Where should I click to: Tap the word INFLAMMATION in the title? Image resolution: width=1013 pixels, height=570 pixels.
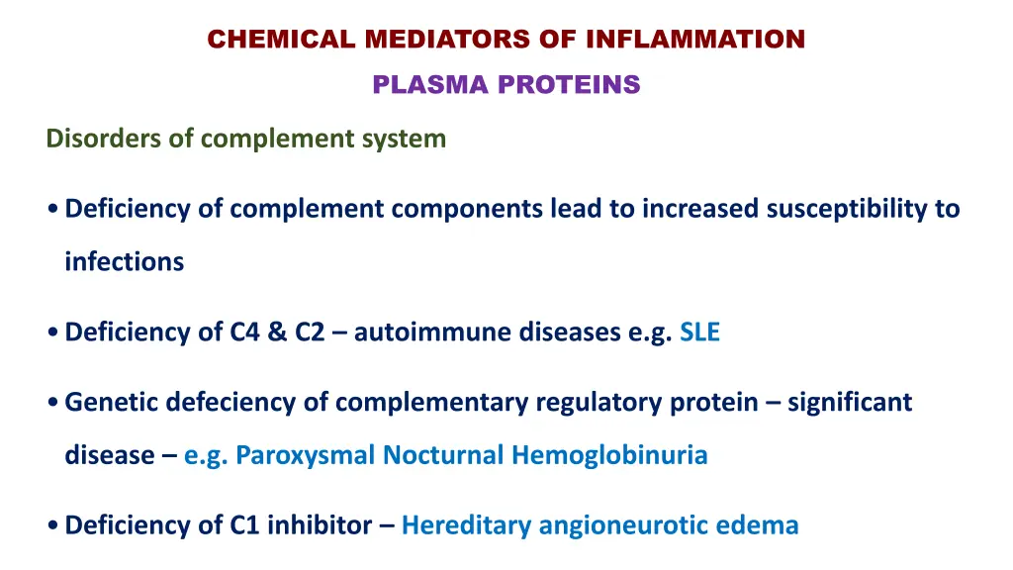pos(694,40)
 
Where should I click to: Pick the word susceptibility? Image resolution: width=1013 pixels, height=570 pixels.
pos(847,209)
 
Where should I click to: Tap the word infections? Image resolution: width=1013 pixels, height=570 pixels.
pos(124,262)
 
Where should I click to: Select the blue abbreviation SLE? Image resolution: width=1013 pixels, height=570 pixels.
pos(699,332)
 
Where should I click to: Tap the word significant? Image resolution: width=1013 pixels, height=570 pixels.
pos(850,403)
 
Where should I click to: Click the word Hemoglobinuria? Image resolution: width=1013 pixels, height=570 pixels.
pos(609,455)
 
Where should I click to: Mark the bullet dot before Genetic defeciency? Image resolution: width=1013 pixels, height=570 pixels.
pos(51,404)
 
